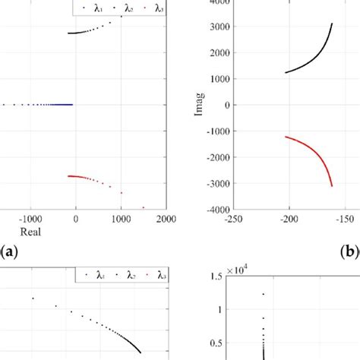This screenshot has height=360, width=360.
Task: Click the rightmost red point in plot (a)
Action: (x=143, y=207)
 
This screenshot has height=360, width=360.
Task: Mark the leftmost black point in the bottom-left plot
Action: (x=32, y=298)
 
